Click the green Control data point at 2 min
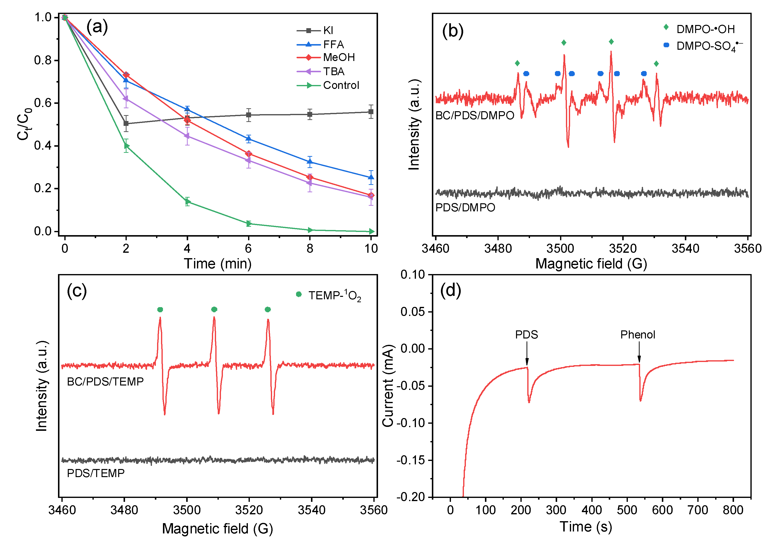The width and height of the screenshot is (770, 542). tap(126, 146)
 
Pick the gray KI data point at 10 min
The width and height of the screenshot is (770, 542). tap(371, 112)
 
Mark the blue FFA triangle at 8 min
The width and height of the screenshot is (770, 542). tap(310, 162)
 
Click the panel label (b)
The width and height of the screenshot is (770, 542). tap(452, 31)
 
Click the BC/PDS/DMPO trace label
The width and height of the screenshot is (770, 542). tap(474, 115)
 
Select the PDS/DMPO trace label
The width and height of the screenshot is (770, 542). tap(465, 207)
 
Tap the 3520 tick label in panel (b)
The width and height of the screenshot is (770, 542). tap(622, 248)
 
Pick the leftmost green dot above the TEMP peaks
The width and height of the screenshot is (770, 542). tap(160, 309)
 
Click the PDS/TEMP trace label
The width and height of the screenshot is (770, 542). tap(96, 473)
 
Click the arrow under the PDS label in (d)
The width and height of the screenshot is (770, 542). tap(527, 356)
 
